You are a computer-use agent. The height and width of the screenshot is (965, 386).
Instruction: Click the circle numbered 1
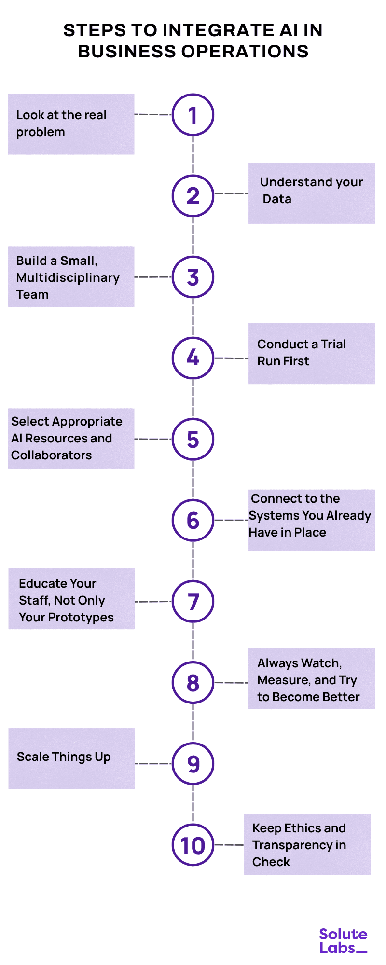click(193, 115)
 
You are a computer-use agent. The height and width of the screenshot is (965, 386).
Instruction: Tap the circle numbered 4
click(193, 358)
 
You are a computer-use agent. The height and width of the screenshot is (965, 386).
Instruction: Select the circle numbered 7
click(193, 602)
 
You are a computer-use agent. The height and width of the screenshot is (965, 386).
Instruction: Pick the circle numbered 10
click(193, 845)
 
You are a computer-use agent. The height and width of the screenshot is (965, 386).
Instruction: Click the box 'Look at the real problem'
click(71, 124)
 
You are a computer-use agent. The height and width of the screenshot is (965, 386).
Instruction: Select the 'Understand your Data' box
click(311, 193)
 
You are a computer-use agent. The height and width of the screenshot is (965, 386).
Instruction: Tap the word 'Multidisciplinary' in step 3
click(68, 278)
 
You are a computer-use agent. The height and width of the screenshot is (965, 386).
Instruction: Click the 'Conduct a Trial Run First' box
click(311, 353)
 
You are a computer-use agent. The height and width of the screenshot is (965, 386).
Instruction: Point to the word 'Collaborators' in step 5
click(51, 455)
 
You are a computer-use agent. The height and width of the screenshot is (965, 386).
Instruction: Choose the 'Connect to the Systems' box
click(311, 520)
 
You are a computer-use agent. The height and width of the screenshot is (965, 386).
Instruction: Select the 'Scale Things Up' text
click(64, 757)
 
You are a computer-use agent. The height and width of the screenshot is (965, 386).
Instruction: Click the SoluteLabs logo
click(343, 941)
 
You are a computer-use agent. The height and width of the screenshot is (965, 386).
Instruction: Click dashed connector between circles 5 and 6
click(193, 480)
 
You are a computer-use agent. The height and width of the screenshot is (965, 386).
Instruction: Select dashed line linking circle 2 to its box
click(231, 193)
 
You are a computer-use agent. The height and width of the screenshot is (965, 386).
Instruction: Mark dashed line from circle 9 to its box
click(153, 763)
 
